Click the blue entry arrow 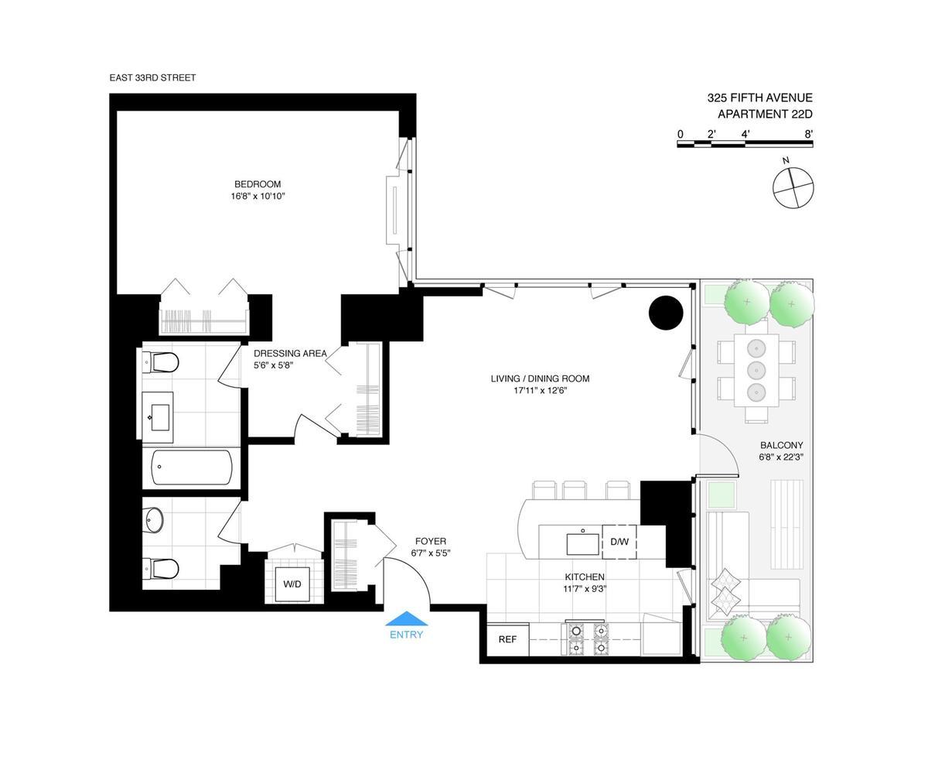(x=407, y=618)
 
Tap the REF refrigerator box (x=507, y=639)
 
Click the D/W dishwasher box (x=619, y=541)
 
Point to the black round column (x=665, y=313)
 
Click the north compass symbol (x=793, y=187)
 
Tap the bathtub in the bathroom (x=192, y=467)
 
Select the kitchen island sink (x=583, y=543)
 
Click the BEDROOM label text (x=258, y=184)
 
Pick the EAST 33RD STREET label (x=152, y=78)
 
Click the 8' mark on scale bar (x=808, y=134)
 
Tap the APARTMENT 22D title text (x=764, y=115)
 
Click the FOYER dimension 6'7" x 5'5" (x=430, y=553)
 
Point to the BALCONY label (x=781, y=445)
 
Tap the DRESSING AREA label (x=290, y=354)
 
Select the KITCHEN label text (x=584, y=577)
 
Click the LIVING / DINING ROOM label (x=540, y=378)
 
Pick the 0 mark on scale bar (x=680, y=134)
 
